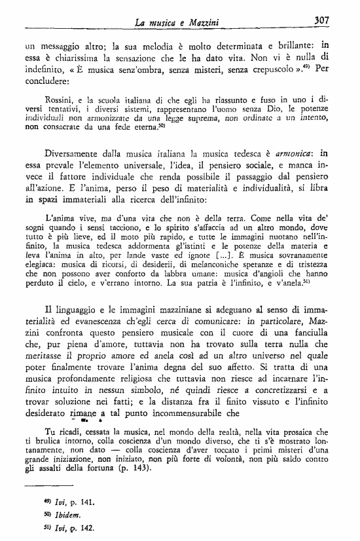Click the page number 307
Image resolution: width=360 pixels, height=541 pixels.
[x=321, y=20]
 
